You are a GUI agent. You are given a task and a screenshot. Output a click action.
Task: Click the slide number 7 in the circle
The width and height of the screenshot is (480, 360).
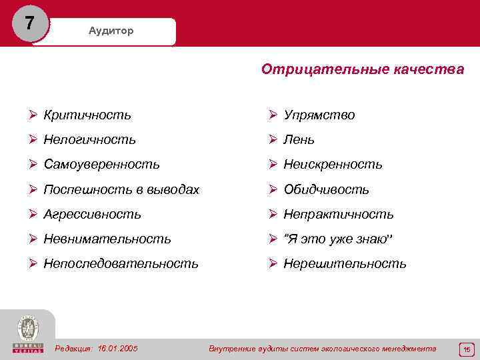[x=29, y=23]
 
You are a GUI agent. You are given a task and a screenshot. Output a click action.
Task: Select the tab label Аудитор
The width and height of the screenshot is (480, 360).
[x=111, y=31]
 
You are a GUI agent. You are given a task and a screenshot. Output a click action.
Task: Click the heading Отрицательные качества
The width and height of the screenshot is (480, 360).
[x=363, y=69]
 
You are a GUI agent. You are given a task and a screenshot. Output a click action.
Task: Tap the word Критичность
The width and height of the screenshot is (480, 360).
[x=87, y=115]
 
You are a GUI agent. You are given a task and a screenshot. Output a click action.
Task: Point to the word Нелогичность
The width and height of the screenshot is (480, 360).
[x=90, y=139]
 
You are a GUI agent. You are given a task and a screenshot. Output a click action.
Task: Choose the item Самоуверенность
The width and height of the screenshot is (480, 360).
[x=101, y=164]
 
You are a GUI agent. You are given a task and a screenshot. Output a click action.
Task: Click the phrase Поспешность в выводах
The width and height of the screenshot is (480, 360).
[x=121, y=189]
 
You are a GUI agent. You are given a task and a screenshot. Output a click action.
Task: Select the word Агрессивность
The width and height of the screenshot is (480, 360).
[x=92, y=214]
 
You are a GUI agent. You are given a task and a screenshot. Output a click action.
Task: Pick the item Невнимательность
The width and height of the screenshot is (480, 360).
[x=107, y=239]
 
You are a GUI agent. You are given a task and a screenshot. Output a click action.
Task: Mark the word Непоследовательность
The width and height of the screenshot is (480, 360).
[x=121, y=263]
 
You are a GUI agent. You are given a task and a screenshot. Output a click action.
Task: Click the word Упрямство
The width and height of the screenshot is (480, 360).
[x=319, y=115]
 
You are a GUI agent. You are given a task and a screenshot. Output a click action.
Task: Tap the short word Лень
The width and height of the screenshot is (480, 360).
[x=299, y=139]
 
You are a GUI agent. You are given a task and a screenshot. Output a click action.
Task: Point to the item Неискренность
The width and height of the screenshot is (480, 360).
[x=333, y=164]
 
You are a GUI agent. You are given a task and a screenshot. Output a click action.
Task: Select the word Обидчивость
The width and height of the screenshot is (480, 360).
[x=326, y=189]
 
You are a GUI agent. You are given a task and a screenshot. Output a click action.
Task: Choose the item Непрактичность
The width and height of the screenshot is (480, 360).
[x=339, y=214]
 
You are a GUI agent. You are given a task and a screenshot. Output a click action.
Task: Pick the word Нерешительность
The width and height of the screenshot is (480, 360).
[x=345, y=263]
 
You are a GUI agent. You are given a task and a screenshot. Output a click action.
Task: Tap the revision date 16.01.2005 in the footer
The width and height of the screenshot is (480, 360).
[x=117, y=348]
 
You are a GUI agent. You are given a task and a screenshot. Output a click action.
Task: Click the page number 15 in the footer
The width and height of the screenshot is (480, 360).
[x=467, y=349]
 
